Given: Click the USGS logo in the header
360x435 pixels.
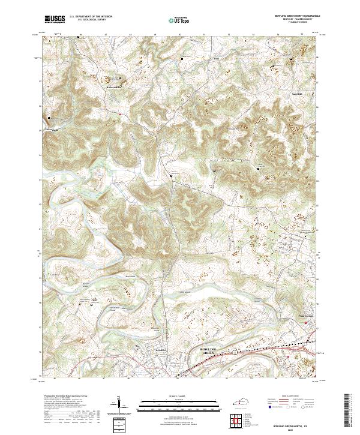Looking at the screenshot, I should pyautogui.click(x=55, y=19).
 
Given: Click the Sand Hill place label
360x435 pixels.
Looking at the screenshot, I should pyautogui.click(x=297, y=94).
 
